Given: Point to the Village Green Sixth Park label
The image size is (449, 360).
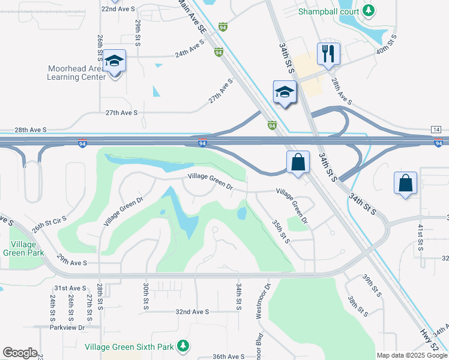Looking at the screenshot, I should [x=129, y=347].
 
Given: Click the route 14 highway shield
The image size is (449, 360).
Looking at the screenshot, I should [x=436, y=130].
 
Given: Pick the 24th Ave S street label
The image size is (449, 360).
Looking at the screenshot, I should [x=190, y=53].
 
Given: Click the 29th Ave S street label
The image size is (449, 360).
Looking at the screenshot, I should [x=72, y=263].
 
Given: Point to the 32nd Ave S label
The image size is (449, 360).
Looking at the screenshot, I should [x=192, y=312].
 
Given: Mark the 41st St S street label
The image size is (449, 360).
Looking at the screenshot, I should [x=421, y=237].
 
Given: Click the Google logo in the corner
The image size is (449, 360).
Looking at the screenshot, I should [x=20, y=353].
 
